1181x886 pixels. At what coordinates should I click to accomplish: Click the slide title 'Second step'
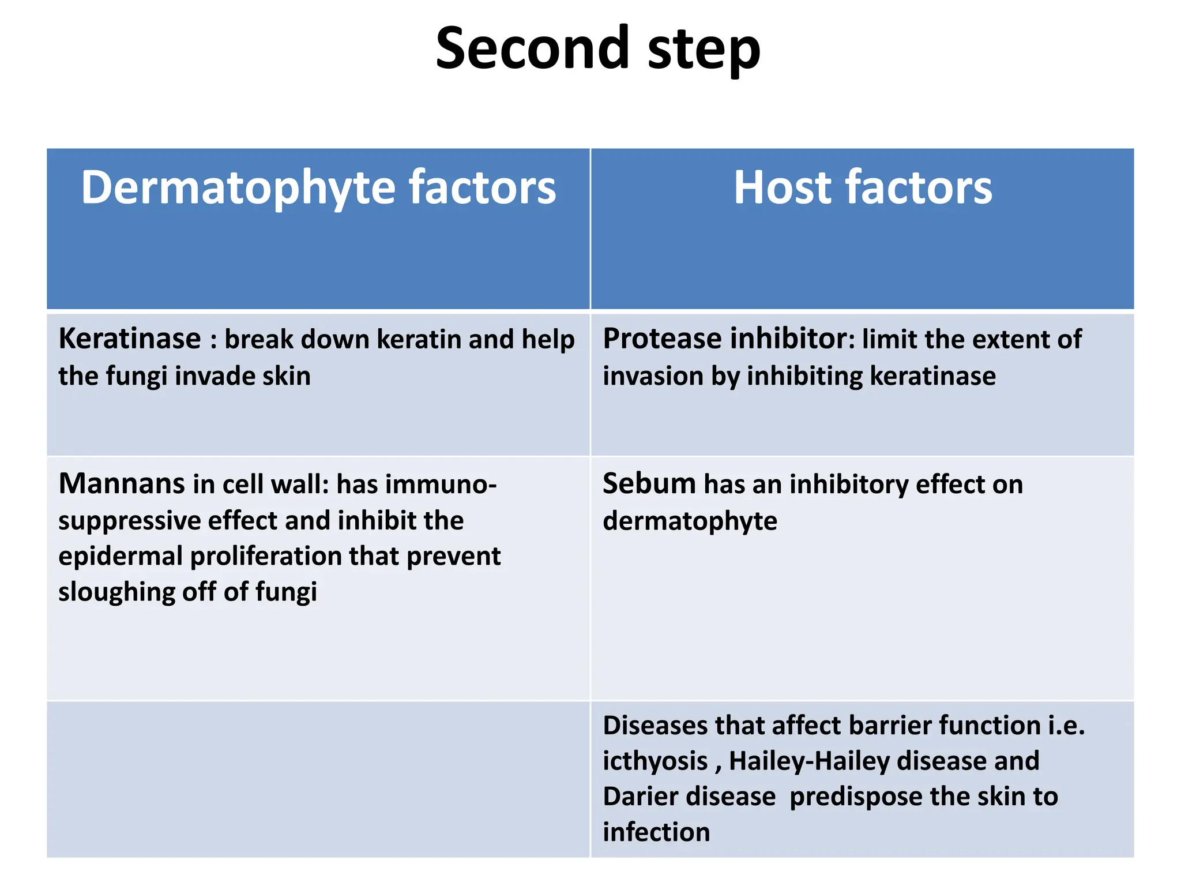pos(597,48)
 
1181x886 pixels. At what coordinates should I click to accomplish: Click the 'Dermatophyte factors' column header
pos(318,187)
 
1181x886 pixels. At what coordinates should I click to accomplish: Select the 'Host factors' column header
pos(862,187)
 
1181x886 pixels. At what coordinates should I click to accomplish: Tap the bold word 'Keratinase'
pos(130,339)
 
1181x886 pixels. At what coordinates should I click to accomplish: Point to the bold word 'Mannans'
pos(121,483)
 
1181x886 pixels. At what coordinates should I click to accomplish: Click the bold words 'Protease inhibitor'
pos(725,339)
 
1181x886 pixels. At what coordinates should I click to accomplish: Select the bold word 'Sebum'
pos(649,483)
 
